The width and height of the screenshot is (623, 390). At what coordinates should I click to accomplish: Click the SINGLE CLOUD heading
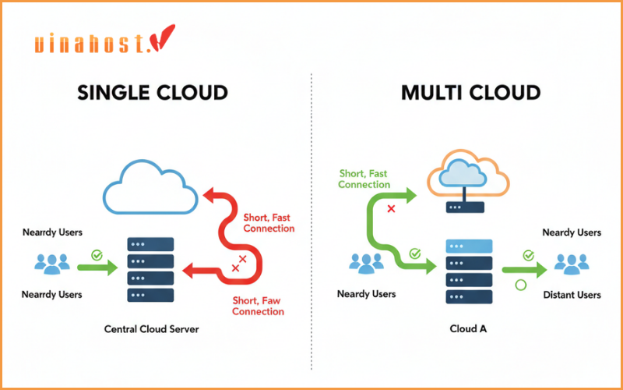153,93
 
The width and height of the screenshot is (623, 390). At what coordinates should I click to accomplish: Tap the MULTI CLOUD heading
470,93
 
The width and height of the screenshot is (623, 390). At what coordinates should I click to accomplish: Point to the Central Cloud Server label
152,329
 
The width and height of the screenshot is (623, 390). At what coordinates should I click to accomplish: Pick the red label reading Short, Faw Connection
259,306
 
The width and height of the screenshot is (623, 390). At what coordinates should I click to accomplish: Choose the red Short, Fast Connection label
269,223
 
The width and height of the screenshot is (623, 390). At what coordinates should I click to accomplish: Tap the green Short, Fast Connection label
364,179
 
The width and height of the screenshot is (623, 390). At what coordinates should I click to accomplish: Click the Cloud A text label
468,329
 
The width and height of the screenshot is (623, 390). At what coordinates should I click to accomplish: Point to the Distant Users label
572,295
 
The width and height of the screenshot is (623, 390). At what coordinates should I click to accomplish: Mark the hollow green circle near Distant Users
520,285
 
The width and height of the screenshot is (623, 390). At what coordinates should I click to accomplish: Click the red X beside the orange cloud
391,210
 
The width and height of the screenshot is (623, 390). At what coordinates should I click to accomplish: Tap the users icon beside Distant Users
572,264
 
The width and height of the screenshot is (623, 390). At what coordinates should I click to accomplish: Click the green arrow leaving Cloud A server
523,270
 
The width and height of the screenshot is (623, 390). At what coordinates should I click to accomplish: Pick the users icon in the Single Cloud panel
52,263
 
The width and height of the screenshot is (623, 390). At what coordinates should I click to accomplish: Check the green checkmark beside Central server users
97,253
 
